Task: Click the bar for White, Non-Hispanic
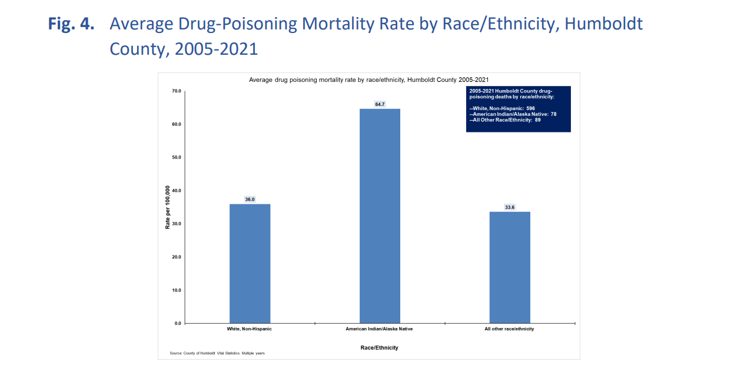tap(250, 263)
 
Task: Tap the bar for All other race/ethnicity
tap(510, 267)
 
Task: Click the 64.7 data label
tap(380, 104)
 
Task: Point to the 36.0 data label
tap(250, 200)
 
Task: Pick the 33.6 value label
tap(510, 207)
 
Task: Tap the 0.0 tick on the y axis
tap(178, 324)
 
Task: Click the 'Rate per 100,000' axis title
tap(167, 207)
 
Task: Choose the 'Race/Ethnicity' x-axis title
tap(379, 348)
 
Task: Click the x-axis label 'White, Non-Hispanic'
tap(249, 329)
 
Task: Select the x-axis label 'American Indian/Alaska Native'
tap(379, 329)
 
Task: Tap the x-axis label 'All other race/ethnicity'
tap(509, 329)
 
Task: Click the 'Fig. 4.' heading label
tap(72, 25)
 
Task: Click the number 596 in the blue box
tap(530, 108)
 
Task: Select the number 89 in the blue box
tap(537, 120)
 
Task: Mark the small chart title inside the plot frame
tap(368, 79)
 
